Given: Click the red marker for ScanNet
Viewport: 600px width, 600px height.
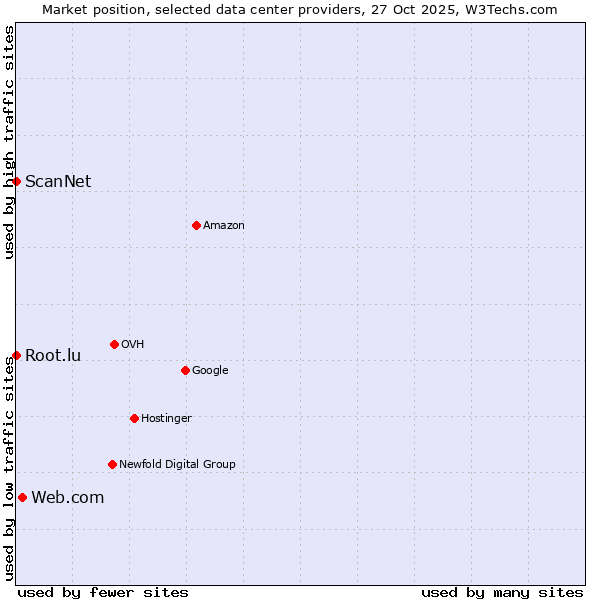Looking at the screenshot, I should click(x=17, y=181).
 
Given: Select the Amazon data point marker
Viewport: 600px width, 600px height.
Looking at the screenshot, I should click(x=196, y=225).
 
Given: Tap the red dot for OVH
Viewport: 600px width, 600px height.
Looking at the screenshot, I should click(x=114, y=344).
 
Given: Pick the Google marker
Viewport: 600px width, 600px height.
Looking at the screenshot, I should click(x=185, y=370).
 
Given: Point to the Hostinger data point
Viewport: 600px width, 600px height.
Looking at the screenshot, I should click(x=134, y=418).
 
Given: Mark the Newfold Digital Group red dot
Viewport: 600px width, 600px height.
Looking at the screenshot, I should click(x=112, y=464).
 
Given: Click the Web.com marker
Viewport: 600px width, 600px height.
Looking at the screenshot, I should click(x=22, y=497).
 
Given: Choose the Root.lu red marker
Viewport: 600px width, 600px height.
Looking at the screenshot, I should click(x=17, y=355).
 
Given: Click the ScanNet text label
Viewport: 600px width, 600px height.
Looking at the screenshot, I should click(x=58, y=181).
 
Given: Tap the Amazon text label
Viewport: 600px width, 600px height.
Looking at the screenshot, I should click(x=224, y=225).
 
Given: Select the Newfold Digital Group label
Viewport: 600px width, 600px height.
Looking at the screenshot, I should click(x=177, y=464).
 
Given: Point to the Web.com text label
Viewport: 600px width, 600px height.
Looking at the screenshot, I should click(x=68, y=497).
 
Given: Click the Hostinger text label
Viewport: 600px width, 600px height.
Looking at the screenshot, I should click(x=166, y=418).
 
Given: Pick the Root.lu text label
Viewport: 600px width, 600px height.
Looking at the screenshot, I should click(x=53, y=355).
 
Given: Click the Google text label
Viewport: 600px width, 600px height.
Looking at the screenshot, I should click(x=210, y=370).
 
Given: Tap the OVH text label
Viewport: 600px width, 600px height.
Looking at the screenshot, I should click(x=133, y=344).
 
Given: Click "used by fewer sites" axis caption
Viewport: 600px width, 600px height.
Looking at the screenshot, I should click(x=103, y=592).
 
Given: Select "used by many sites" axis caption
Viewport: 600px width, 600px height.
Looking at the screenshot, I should click(x=502, y=592).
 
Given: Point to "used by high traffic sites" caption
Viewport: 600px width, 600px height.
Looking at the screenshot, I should click(x=9, y=142).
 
